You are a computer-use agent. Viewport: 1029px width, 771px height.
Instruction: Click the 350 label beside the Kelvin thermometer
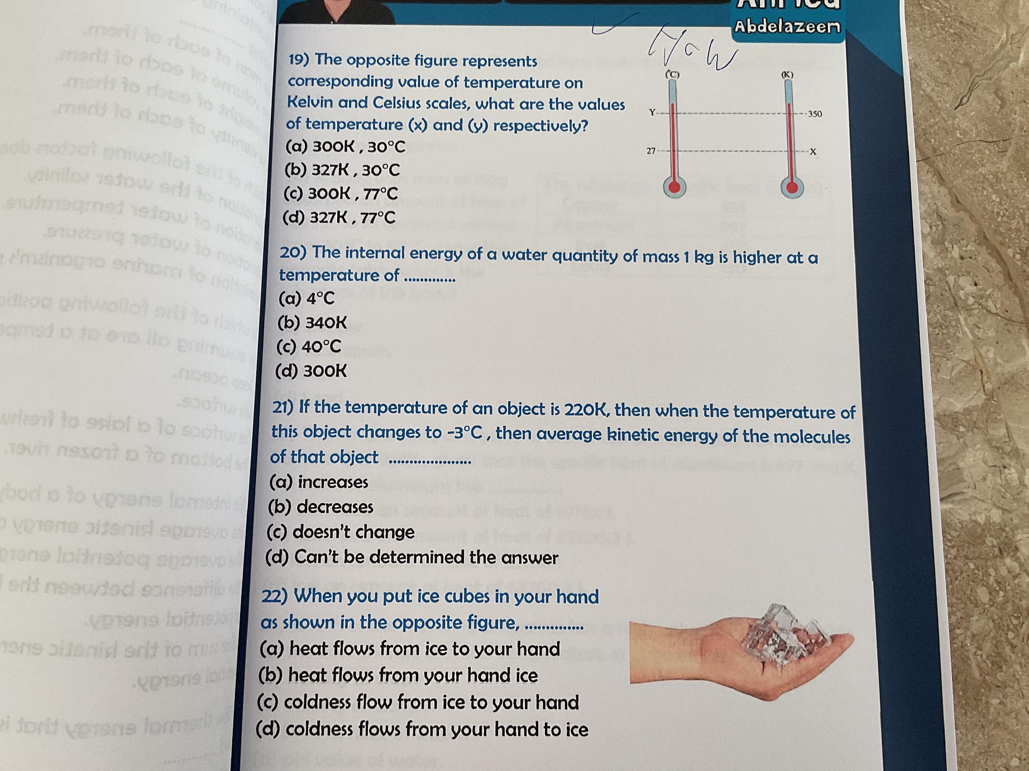[815, 114]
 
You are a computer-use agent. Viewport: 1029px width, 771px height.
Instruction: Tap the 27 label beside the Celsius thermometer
[651, 151]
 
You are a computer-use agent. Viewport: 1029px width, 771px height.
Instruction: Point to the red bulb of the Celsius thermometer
[674, 187]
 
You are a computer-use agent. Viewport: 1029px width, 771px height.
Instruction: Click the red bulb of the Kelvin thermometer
[792, 187]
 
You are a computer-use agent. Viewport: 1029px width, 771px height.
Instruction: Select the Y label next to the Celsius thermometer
[652, 112]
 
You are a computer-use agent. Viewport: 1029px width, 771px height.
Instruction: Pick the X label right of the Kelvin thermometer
[813, 152]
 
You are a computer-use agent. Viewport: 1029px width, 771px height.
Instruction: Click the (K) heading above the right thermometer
[787, 74]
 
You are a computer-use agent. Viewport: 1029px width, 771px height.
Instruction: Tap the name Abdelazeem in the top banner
[787, 26]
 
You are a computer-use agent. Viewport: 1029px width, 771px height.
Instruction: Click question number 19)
[299, 59]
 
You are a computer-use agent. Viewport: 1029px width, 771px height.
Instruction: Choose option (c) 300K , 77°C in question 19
[341, 194]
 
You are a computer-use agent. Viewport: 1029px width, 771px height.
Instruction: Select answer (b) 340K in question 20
[312, 322]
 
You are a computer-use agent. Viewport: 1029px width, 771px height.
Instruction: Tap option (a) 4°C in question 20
[307, 298]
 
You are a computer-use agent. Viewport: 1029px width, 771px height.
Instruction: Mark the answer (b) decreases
[320, 507]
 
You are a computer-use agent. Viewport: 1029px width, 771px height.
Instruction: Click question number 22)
[274, 596]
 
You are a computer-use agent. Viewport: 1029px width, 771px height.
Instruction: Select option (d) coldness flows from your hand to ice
[422, 729]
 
